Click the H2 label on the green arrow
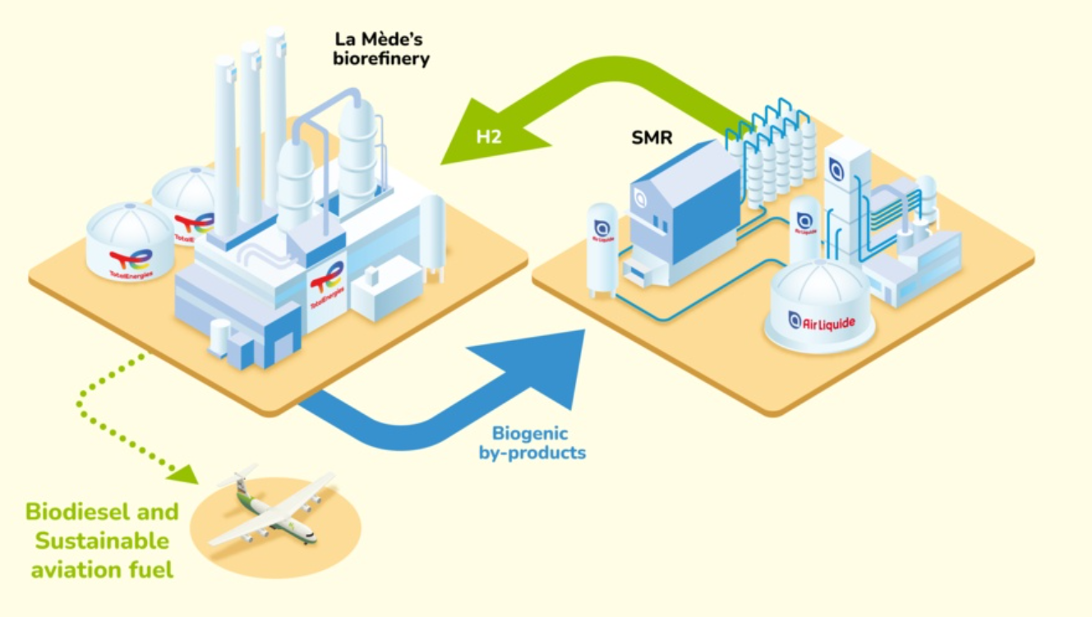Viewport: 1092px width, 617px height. [x=489, y=136]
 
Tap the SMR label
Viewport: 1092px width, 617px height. [x=652, y=137]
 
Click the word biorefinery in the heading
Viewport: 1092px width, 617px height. [x=381, y=59]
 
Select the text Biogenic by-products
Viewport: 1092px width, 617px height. [x=532, y=443]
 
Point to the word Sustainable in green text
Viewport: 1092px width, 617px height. [x=102, y=541]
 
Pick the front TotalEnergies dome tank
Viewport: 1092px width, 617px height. [x=130, y=241]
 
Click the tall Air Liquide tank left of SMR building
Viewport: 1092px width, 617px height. [x=602, y=246]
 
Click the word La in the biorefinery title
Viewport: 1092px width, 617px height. [x=346, y=39]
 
